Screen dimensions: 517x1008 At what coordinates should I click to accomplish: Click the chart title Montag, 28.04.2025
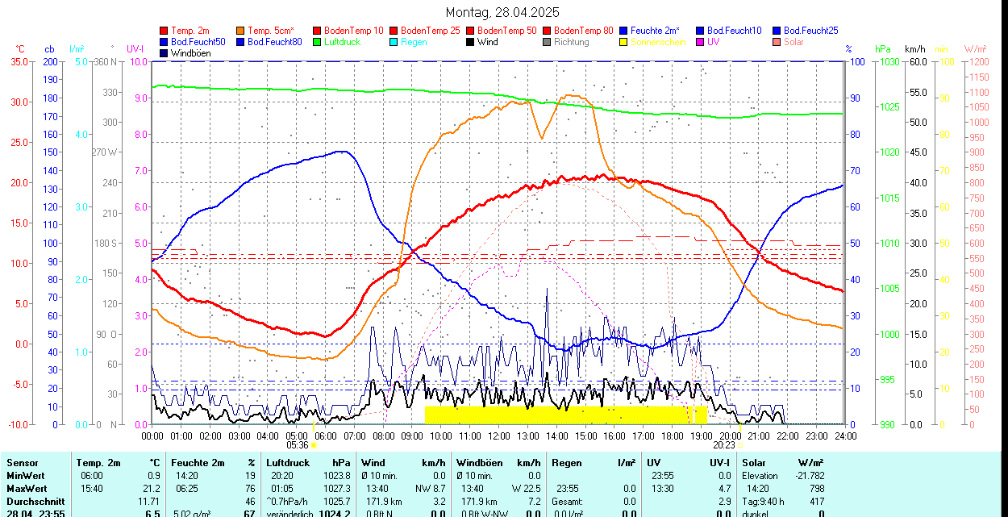click(x=502, y=12)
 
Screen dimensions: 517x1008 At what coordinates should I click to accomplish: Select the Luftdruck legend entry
click(x=342, y=42)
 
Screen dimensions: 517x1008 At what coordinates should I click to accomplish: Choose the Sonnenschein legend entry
click(x=658, y=42)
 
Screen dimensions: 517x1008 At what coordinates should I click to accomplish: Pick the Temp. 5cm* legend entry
click(x=271, y=31)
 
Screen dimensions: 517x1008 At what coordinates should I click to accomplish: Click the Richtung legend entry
click(x=572, y=42)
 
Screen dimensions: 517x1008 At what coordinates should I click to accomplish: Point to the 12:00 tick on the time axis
click(x=499, y=436)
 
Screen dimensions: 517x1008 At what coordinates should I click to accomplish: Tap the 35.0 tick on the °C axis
click(x=18, y=61)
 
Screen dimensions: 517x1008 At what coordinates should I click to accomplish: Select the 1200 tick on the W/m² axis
click(x=977, y=61)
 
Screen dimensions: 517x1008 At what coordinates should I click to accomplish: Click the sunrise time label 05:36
click(x=298, y=444)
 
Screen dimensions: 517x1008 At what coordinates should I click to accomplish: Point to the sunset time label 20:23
click(x=724, y=444)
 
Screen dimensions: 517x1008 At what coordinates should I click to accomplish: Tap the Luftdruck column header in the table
click(x=288, y=463)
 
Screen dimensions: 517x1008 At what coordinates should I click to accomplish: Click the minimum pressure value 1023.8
click(x=336, y=476)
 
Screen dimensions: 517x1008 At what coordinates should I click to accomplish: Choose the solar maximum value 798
click(x=815, y=488)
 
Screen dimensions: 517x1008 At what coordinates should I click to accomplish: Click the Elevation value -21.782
click(x=807, y=476)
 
